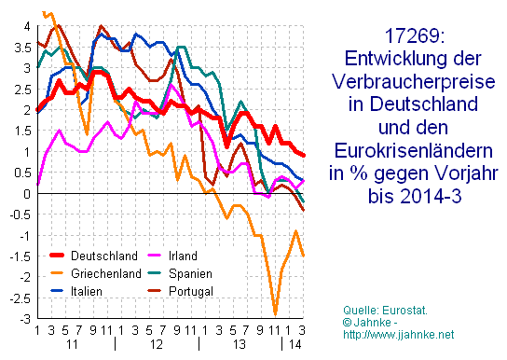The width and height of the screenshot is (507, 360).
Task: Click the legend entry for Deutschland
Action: [103, 255]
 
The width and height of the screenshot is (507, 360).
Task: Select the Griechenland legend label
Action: [106, 272]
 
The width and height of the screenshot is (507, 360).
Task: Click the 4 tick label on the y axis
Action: [26, 25]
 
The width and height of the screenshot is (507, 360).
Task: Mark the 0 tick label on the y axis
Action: [26, 193]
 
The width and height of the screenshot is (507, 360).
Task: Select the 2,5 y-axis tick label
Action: [21, 89]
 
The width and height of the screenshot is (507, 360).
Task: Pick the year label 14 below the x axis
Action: [294, 345]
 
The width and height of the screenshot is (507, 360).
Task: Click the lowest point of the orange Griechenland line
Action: [275, 313]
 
